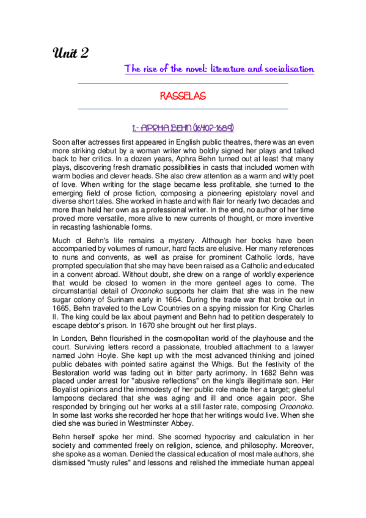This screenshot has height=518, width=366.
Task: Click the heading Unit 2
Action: point(71,53)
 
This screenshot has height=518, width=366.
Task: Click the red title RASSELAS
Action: point(183,97)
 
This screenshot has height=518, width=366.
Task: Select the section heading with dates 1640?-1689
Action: point(183,128)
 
